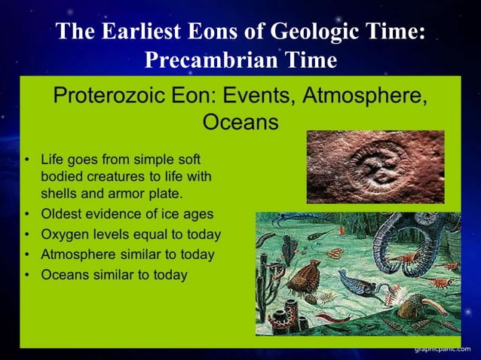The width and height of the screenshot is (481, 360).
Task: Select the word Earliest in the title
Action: (143, 32)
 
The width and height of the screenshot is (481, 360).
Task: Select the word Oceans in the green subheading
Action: (240, 121)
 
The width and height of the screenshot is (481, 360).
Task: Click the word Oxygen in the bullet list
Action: (66, 234)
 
